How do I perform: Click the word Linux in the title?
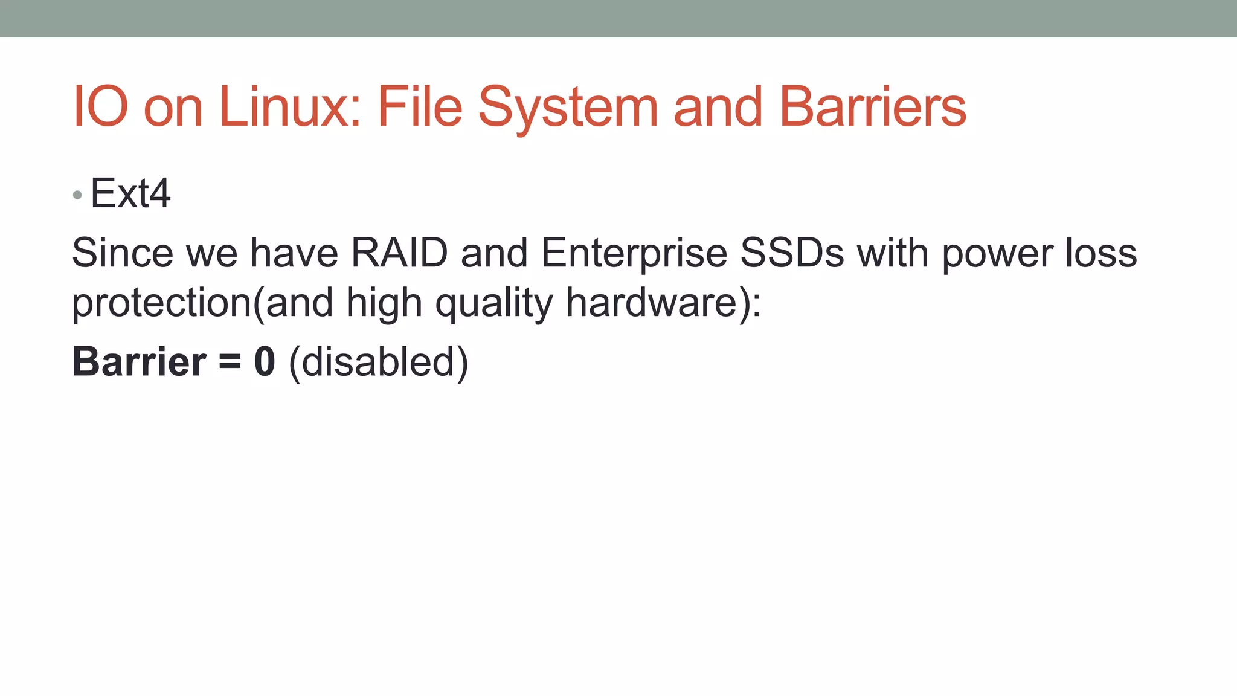tap(290, 107)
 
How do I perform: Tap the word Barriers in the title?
tap(873, 107)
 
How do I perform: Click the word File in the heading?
tap(420, 107)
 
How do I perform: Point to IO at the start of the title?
tap(100, 107)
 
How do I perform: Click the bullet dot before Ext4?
tap(77, 195)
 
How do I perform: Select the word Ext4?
tap(130, 194)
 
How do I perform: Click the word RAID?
tap(399, 253)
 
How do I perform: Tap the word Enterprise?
tap(634, 254)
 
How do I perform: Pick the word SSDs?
tap(792, 253)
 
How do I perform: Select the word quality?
tap(494, 303)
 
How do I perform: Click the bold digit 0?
tap(265, 362)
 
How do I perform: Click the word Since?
tap(123, 253)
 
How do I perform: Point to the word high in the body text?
tap(384, 303)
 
